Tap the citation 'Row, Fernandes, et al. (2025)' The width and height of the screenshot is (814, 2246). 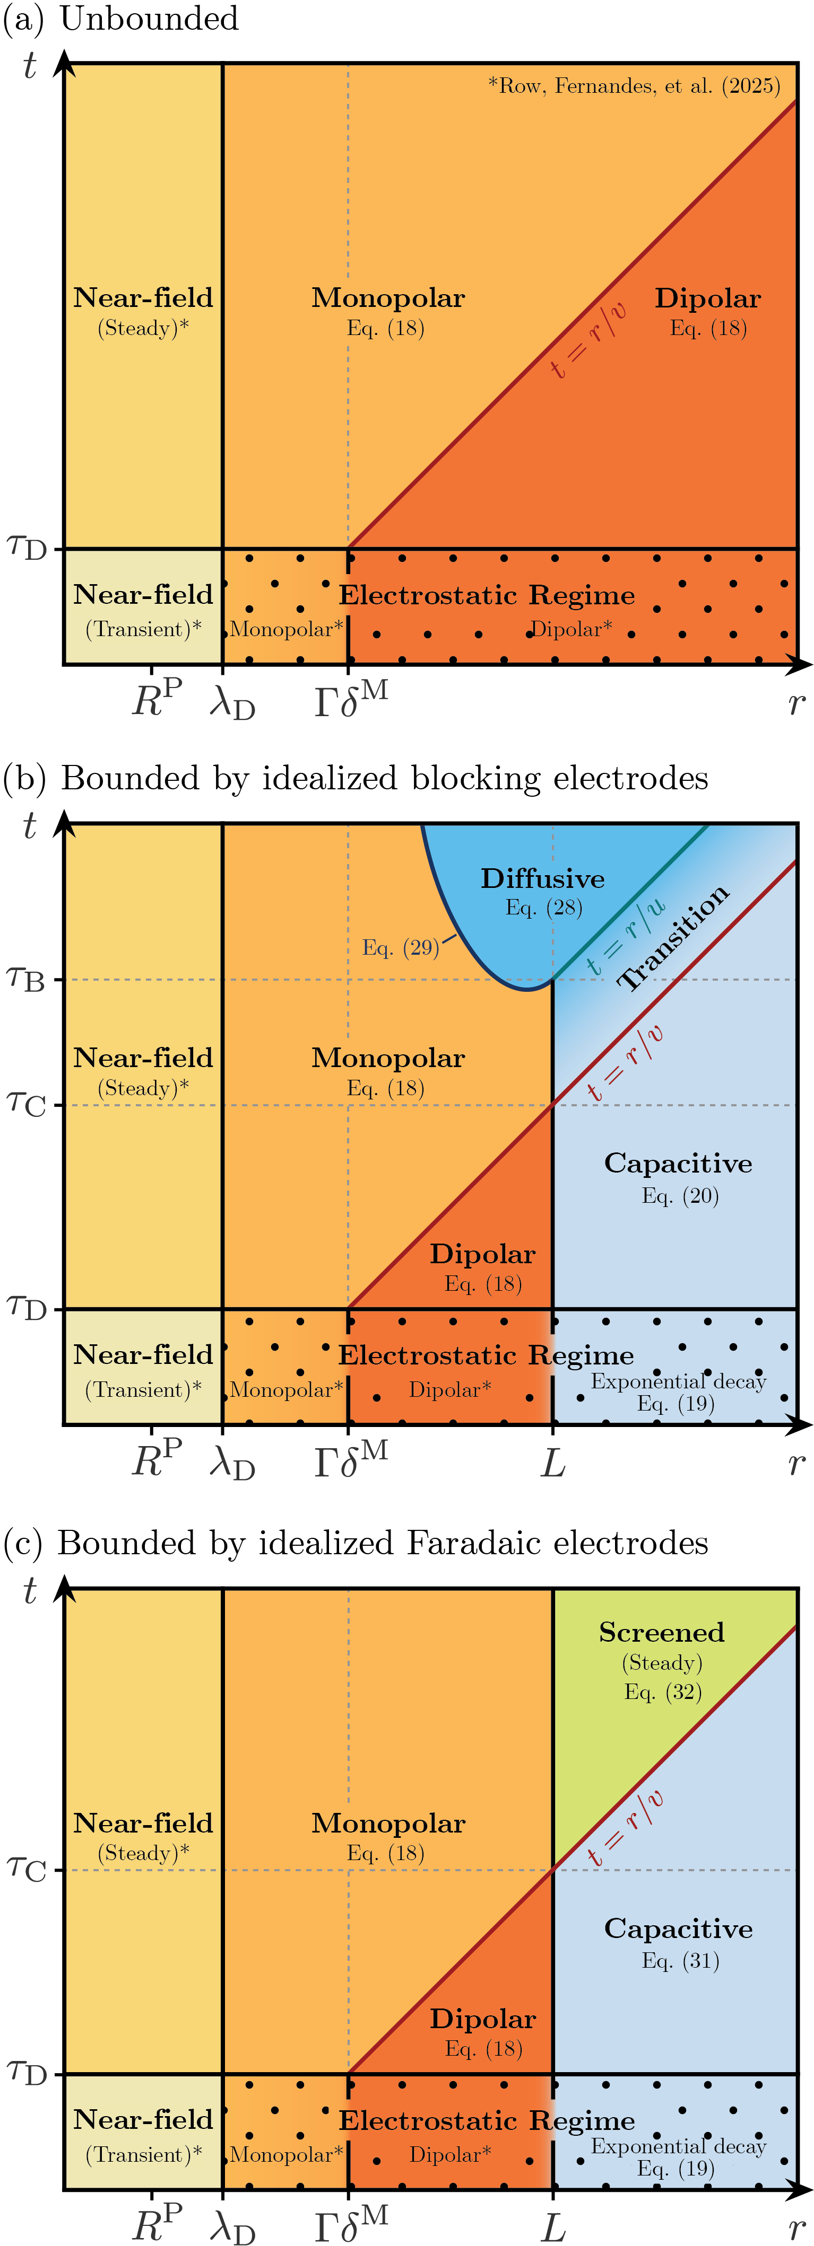(x=634, y=85)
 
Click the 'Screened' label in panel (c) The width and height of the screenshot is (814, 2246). (x=661, y=1632)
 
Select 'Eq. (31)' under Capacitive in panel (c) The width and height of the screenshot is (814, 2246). (x=680, y=1961)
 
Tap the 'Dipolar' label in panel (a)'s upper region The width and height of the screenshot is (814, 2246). (x=707, y=298)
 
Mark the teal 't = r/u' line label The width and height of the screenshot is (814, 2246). (x=625, y=937)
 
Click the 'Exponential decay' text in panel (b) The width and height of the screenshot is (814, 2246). (x=678, y=1381)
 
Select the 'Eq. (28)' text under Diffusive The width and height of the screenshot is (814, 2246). (x=543, y=908)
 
